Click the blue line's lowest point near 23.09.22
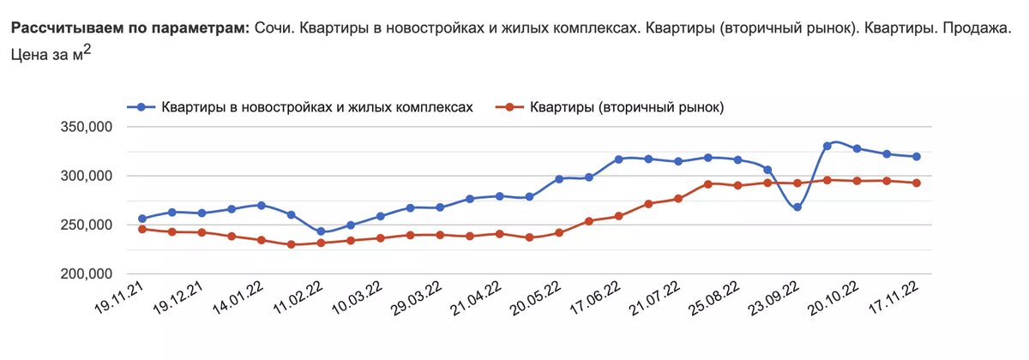(x=797, y=207)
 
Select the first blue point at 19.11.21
(x=142, y=219)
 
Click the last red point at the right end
(x=917, y=183)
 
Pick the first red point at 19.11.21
(x=142, y=229)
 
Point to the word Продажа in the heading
(x=977, y=28)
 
